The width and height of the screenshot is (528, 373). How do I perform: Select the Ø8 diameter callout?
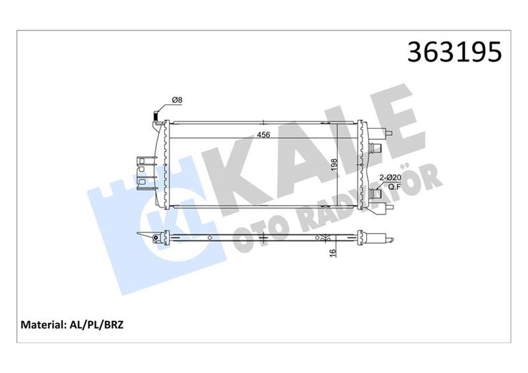177,100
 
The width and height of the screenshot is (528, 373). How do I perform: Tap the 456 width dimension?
263,135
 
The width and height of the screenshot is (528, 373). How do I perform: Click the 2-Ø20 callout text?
391,178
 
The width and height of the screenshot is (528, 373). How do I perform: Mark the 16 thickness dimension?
333,251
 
